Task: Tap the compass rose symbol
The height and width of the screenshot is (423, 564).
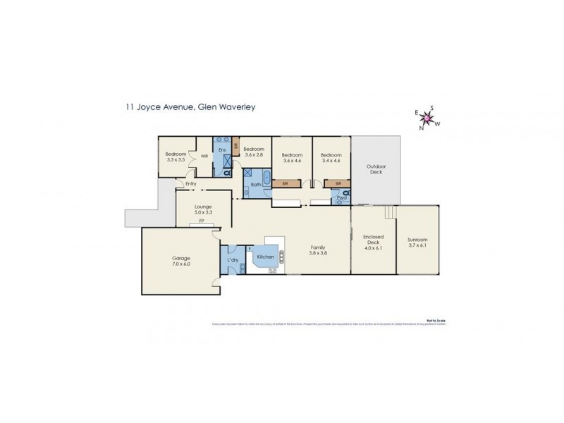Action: [x=426, y=118]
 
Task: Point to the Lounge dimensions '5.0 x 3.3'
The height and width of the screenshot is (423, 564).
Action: [x=203, y=211]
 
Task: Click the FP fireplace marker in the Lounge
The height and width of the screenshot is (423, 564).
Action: [x=201, y=221]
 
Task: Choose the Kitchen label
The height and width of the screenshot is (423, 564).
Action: [x=266, y=257]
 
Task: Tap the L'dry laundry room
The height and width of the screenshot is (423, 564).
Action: [x=233, y=261]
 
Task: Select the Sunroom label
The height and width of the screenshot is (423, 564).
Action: [x=417, y=243]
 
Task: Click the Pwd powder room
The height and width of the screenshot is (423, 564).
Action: [x=341, y=198]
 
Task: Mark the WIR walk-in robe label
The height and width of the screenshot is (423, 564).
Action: [x=204, y=157]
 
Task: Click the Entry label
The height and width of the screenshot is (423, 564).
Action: [x=190, y=185]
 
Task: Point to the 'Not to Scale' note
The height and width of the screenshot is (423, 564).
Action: [x=436, y=320]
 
